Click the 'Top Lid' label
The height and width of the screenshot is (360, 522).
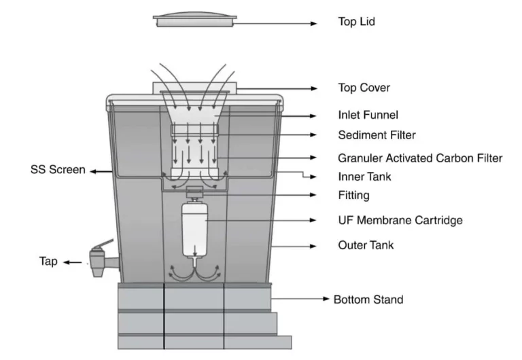click(356, 22)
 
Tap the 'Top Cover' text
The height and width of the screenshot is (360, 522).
click(364, 88)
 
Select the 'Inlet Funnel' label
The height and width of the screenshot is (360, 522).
click(368, 115)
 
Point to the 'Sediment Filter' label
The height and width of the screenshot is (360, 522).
click(377, 134)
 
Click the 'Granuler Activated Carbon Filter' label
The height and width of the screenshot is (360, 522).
click(420, 158)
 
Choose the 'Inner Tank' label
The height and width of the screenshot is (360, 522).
click(364, 177)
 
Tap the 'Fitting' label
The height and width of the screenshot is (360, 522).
click(353, 196)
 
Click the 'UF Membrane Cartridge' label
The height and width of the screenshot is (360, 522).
click(400, 220)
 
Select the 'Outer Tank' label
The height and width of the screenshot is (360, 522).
click(366, 245)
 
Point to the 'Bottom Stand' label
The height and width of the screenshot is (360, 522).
click(368, 299)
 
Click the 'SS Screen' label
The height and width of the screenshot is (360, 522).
click(57, 169)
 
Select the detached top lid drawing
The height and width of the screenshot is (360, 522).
click(194, 20)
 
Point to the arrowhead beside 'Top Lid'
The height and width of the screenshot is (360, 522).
click(315, 24)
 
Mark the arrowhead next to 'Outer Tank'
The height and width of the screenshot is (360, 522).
click(315, 245)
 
